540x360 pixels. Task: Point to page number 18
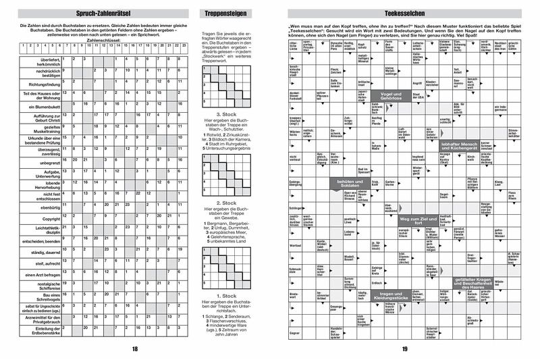click(134, 348)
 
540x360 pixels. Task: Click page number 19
click(404, 348)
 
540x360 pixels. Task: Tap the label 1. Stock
click(225, 295)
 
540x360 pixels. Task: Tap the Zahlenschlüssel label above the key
click(100, 40)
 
